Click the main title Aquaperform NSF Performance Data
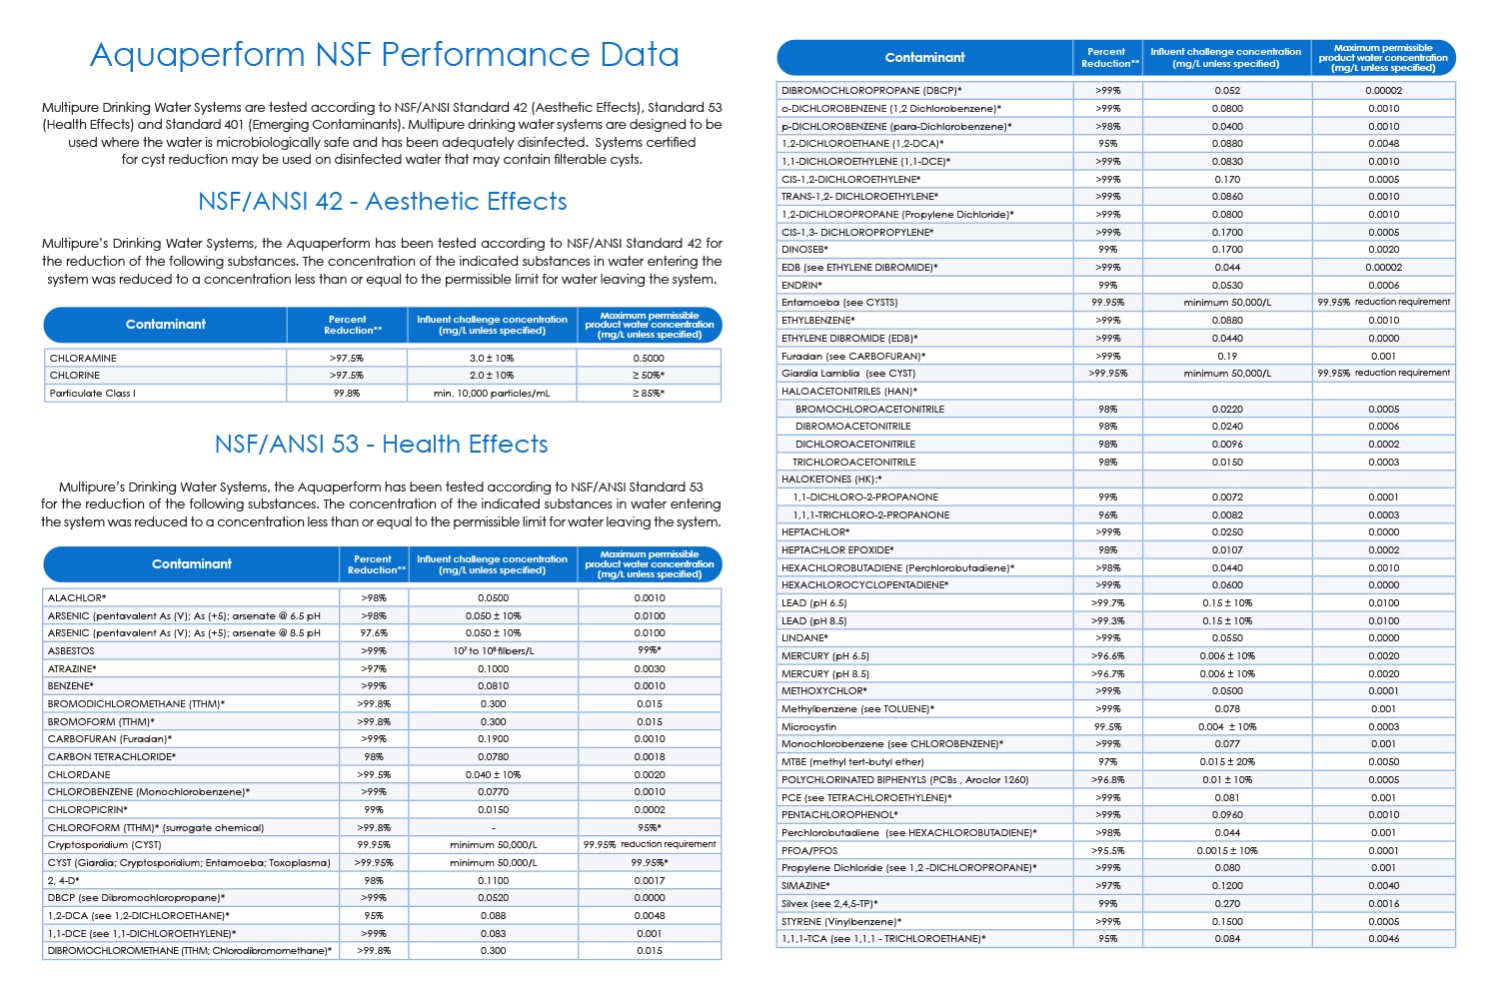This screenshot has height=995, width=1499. [x=385, y=54]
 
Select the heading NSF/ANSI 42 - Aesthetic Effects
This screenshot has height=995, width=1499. [x=383, y=202]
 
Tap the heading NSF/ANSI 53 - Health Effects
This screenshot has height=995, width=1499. [x=381, y=445]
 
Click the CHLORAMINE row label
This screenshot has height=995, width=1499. [x=83, y=358]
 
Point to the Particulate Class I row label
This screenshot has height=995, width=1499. [x=92, y=394]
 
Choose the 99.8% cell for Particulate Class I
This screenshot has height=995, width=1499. [x=347, y=394]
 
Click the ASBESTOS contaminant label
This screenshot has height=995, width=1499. [x=71, y=651]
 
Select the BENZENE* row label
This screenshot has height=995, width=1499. [x=70, y=686]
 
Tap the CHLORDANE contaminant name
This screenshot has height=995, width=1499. [x=79, y=774]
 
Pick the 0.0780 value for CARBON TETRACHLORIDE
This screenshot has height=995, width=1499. [x=493, y=757]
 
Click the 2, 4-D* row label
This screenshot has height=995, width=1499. [x=63, y=881]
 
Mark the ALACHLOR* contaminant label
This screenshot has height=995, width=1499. [x=77, y=598]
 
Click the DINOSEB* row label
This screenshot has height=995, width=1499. [x=804, y=250]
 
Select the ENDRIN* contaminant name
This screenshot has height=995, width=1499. [x=801, y=285]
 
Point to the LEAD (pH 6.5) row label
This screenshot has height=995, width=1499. [x=813, y=603]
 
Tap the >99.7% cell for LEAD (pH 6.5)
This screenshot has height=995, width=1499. [x=1107, y=603]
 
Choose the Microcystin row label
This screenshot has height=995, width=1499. [x=808, y=727]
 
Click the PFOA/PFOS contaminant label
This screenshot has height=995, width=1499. [x=809, y=851]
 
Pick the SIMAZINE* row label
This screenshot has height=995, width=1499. [x=805, y=886]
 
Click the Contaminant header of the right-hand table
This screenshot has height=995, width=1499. [x=924, y=58]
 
